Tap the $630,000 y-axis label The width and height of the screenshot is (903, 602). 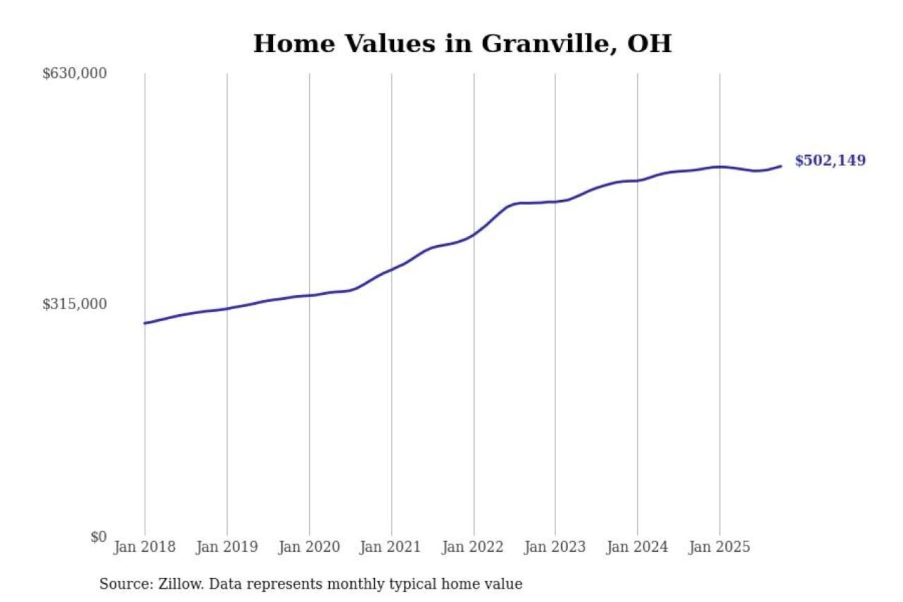(75, 73)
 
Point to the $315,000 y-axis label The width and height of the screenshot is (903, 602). (75, 304)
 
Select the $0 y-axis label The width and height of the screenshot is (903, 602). (98, 537)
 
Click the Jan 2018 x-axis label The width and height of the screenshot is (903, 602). (145, 547)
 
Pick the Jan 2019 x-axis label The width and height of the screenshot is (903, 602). (227, 547)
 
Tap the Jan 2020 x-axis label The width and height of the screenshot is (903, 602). (309, 547)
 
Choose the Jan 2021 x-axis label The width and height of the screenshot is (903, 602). (391, 547)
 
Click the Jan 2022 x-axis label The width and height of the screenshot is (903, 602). (473, 547)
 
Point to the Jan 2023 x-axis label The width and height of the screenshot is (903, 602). (555, 547)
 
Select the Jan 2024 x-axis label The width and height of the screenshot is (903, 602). (637, 547)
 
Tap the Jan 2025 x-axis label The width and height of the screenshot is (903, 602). (719, 547)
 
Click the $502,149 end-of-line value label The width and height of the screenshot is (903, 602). (830, 161)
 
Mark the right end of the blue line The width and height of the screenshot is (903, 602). (781, 166)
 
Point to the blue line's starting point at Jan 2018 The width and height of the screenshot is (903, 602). (145, 323)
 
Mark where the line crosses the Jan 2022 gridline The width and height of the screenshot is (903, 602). (474, 235)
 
